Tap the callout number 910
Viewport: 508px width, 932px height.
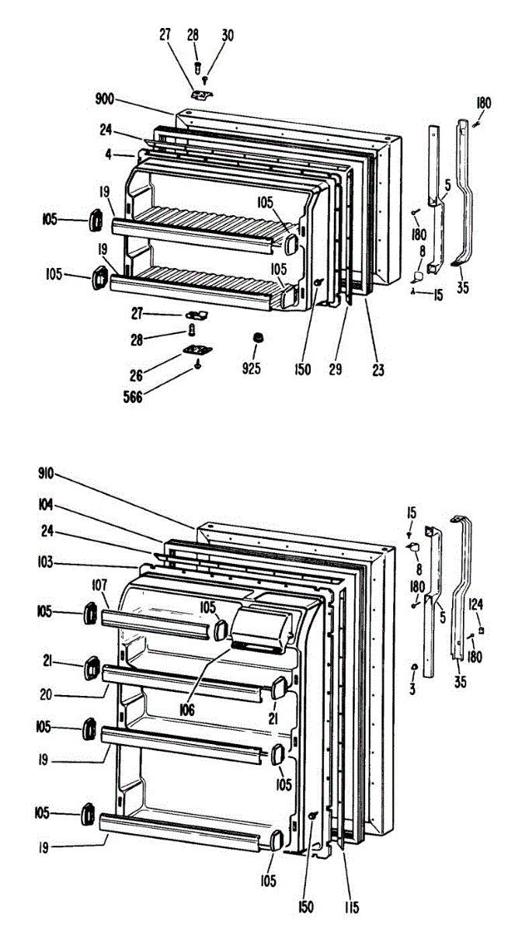coord(48,472)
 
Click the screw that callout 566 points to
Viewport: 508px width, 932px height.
coord(198,366)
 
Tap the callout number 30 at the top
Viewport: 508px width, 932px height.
coord(227,35)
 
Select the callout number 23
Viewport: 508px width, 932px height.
coord(378,370)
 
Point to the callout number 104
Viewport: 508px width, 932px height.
coord(48,504)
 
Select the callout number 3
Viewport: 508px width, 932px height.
coord(412,687)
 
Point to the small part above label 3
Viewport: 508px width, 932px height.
coord(414,667)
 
